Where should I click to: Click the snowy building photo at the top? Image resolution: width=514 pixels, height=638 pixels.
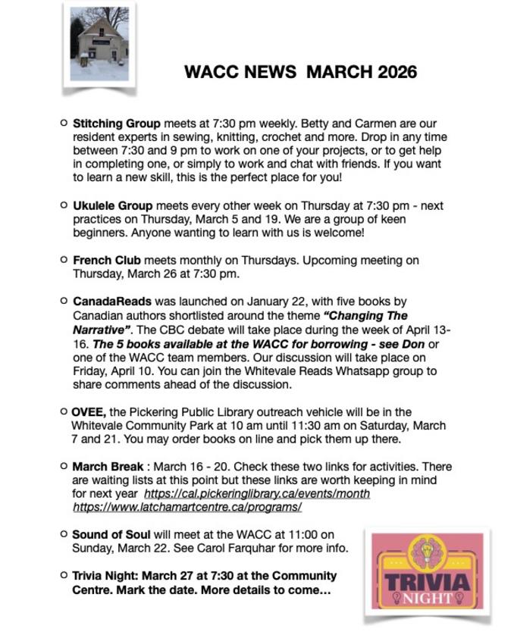[99, 44]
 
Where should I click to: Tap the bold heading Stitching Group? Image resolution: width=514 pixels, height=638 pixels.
[116, 123]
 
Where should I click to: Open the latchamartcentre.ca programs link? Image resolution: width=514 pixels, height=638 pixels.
[187, 507]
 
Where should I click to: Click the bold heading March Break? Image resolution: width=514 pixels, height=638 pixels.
[107, 466]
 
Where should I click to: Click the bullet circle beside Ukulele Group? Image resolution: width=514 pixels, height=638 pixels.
[63, 205]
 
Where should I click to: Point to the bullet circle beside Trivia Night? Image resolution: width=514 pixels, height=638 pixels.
[63, 575]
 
